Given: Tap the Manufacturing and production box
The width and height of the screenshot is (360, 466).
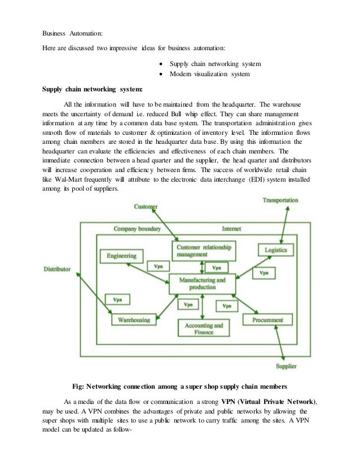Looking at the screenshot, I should tap(201, 283).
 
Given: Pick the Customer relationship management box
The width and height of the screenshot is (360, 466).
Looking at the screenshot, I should tap(204, 250).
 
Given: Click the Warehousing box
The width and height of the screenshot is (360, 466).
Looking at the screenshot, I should tap(133, 320).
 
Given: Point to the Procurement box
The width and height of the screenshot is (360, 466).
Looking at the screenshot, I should tap(267, 320).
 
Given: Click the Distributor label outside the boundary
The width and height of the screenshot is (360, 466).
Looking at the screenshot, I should tap(58, 269).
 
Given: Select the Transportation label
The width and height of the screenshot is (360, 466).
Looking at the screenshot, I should tap(280, 200).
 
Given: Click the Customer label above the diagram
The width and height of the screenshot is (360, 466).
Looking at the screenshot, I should tap(146, 207).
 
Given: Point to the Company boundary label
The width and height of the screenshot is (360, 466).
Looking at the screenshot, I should tap(137, 229).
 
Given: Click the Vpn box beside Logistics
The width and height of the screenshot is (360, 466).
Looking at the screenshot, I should tap(264, 273).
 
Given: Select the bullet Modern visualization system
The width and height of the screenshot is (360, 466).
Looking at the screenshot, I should tap(209, 74).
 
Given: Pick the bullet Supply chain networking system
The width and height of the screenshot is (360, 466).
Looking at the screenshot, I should tap(215, 64).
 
